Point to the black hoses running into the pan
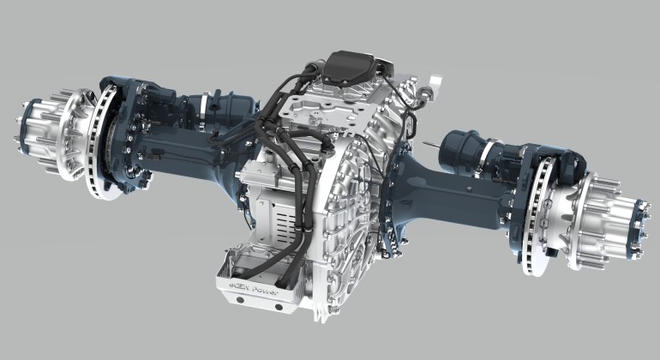point(291,257)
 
